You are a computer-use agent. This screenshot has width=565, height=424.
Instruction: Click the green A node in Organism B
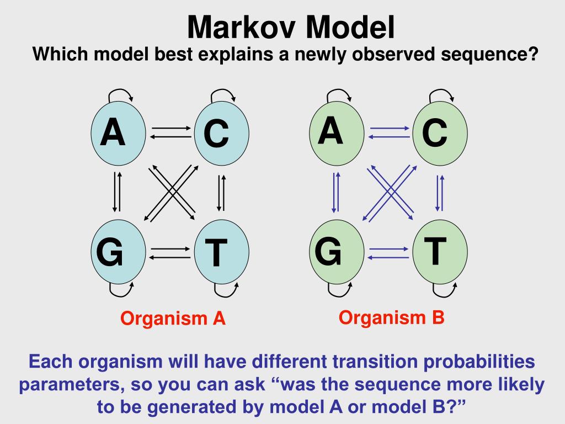click(336, 133)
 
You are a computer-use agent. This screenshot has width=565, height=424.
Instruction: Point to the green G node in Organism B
click(336, 253)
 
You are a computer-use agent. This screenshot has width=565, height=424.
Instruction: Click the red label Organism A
click(173, 319)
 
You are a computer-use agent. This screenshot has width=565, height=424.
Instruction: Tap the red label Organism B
click(391, 317)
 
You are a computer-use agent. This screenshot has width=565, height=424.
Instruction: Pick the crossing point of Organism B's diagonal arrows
click(390, 192)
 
